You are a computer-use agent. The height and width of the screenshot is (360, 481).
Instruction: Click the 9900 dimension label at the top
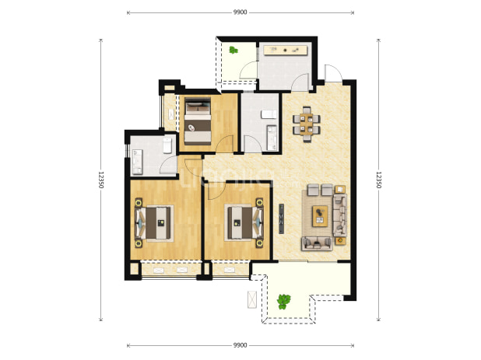point(240,12)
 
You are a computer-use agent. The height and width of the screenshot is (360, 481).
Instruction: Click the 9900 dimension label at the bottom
point(240,345)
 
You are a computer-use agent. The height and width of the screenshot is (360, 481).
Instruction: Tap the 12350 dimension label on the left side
point(101,180)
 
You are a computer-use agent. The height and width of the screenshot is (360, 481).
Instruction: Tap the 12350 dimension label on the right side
point(378,180)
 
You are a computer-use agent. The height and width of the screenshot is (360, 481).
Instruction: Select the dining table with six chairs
point(307,124)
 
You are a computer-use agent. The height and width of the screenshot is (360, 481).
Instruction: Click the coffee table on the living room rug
point(320,216)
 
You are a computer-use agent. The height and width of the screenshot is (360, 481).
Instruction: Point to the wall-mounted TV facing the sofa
point(281,218)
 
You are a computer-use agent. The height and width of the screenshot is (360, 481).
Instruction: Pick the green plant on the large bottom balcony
point(284,302)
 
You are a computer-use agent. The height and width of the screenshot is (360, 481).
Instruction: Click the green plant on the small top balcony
point(233,50)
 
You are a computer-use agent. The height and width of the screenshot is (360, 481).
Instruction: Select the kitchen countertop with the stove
point(286,51)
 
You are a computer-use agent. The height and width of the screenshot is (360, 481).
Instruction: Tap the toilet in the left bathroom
point(167,145)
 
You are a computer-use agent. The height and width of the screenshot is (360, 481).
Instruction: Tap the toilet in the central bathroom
point(269,114)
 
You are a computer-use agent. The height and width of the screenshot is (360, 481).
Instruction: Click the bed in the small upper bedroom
point(198,121)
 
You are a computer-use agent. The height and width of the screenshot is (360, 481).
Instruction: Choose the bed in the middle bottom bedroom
point(244,223)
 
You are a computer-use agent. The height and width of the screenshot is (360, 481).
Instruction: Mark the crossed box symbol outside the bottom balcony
point(252,299)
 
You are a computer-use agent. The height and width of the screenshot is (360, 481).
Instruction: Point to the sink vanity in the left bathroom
point(137,162)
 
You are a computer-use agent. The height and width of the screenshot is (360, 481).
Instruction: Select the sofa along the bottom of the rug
point(318,243)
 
